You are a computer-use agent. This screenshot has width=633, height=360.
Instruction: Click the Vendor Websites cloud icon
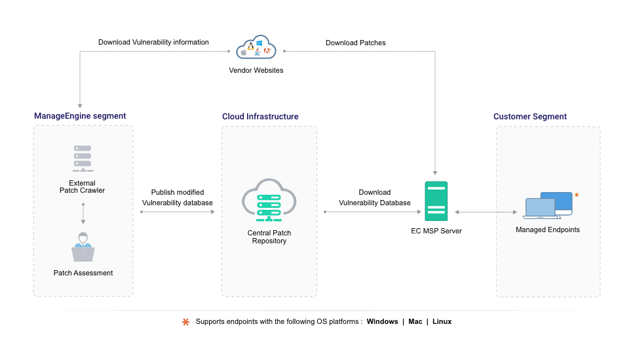pyautogui.click(x=256, y=49)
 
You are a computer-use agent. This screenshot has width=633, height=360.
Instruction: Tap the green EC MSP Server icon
pyautogui.click(x=436, y=201)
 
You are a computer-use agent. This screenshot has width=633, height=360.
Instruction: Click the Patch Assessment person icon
pyautogui.click(x=83, y=247)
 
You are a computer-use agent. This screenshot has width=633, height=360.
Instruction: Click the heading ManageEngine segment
pyautogui.click(x=80, y=116)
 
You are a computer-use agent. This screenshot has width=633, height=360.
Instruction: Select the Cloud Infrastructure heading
pyautogui.click(x=260, y=117)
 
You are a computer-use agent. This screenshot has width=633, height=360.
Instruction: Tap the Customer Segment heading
pyautogui.click(x=529, y=117)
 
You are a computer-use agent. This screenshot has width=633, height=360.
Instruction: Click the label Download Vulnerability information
pyautogui.click(x=153, y=43)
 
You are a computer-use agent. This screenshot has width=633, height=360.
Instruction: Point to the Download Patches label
pyautogui.click(x=355, y=43)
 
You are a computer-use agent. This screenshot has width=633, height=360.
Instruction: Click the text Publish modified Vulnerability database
pyautogui.click(x=178, y=197)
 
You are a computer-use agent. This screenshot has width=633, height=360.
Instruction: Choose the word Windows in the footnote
pyautogui.click(x=382, y=322)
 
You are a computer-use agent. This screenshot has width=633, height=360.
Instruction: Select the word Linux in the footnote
pyautogui.click(x=442, y=322)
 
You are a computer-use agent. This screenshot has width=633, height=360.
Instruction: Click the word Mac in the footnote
pyautogui.click(x=415, y=322)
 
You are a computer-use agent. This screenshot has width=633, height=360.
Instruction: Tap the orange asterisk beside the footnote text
pyautogui.click(x=185, y=322)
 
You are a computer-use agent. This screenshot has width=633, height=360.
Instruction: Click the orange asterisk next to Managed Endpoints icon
pyautogui.click(x=577, y=195)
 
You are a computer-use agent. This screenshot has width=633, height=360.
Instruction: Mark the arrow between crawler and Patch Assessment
pyautogui.click(x=83, y=214)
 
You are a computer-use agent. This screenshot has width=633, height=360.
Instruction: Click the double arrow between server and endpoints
pyautogui.click(x=486, y=212)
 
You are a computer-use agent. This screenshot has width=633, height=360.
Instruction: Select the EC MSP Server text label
pyautogui.click(x=436, y=231)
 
